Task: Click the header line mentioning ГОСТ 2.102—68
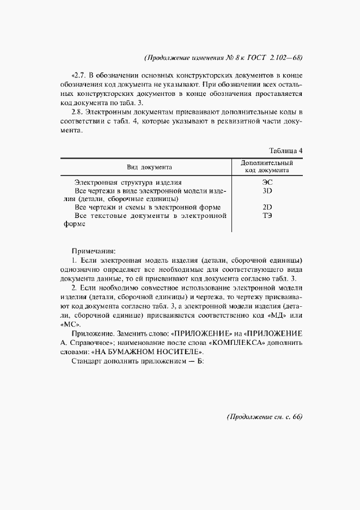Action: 223,58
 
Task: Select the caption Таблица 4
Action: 285,150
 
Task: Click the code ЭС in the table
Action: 267,183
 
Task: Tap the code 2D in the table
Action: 267,208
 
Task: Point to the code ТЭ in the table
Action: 267,216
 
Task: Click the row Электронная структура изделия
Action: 128,183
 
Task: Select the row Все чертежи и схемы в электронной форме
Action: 147,208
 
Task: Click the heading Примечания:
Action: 94,251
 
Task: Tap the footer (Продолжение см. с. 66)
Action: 264,417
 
